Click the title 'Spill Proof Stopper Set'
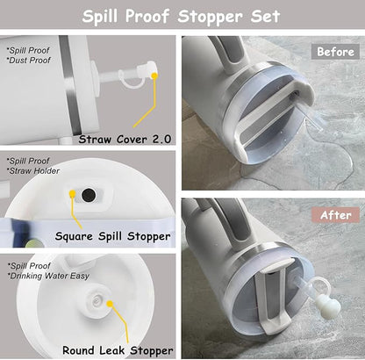pyautogui.click(x=182, y=17)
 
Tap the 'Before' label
pyautogui.click(x=334, y=51)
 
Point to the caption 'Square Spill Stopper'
pyautogui.click(x=112, y=235)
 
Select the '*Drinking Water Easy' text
pyautogui.click(x=48, y=276)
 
